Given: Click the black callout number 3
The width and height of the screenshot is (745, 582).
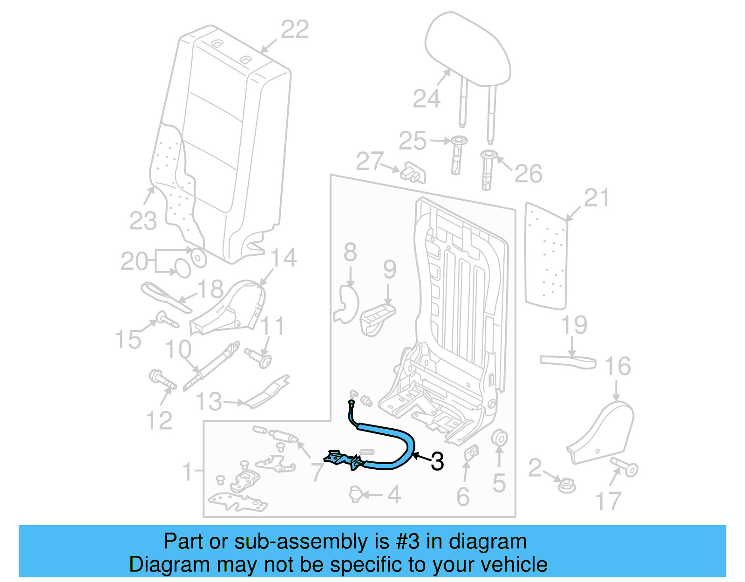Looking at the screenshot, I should (x=437, y=461).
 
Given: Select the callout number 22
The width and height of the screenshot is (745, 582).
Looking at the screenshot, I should (x=295, y=30).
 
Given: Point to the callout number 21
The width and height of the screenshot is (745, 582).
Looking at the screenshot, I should (x=596, y=199).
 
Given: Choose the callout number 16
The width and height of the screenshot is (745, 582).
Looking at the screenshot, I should (x=617, y=366).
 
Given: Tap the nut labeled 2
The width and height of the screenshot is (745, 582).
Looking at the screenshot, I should (x=567, y=486).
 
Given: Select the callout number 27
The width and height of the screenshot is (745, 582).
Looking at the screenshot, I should (x=370, y=161).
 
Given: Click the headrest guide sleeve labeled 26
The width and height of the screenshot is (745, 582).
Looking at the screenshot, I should (x=487, y=170).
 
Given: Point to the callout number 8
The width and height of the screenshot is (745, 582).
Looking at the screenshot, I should (x=350, y=252).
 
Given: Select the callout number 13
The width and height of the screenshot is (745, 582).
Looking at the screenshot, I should (x=209, y=401).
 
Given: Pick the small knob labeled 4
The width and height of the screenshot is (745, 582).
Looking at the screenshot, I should (x=355, y=493).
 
